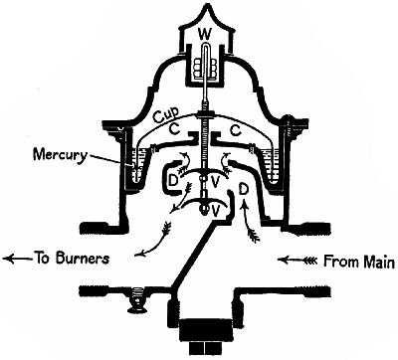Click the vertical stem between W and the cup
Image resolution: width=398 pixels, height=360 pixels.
(207, 104)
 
